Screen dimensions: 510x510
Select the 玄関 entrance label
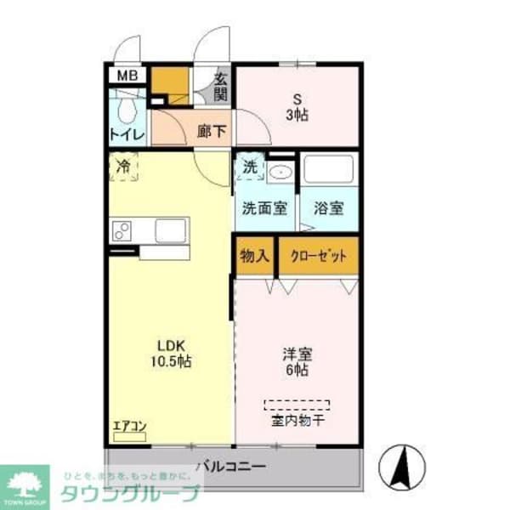click(221, 86)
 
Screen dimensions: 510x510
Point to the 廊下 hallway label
click(212, 132)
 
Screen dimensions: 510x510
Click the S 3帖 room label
click(297, 106)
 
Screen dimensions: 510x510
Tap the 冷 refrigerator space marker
click(123, 167)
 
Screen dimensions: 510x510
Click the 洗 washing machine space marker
click(249, 167)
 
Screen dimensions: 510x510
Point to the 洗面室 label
click(263, 207)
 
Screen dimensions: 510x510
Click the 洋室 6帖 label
click(297, 361)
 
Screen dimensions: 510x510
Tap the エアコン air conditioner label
click(129, 427)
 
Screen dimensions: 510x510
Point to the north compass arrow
click(405, 464)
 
